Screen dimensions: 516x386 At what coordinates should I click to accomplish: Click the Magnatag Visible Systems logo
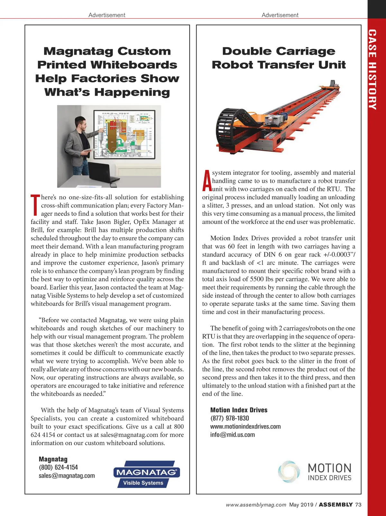[x=146, y=474]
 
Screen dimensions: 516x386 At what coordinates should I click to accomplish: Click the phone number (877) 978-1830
[x=229, y=418]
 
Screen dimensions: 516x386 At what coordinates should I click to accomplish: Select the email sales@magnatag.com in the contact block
[x=67, y=475]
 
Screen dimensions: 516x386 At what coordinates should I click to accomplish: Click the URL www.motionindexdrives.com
[x=245, y=427]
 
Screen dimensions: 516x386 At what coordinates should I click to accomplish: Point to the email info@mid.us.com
[x=232, y=435]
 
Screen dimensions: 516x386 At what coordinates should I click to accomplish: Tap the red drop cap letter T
[x=35, y=205]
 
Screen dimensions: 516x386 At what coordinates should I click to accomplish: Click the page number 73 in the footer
[x=358, y=505]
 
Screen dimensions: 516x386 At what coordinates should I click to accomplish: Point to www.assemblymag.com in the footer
[x=256, y=505]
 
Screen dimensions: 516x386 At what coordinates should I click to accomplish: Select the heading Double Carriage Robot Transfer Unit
[x=279, y=58]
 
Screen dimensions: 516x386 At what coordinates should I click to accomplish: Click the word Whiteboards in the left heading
[x=133, y=65]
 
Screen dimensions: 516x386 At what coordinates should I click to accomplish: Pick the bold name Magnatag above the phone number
[x=53, y=459]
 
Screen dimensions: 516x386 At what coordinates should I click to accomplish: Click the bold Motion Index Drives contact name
[x=239, y=410]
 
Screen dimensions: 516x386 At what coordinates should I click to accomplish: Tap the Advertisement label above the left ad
[x=107, y=15]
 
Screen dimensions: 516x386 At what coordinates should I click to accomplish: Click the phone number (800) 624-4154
[x=58, y=467]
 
